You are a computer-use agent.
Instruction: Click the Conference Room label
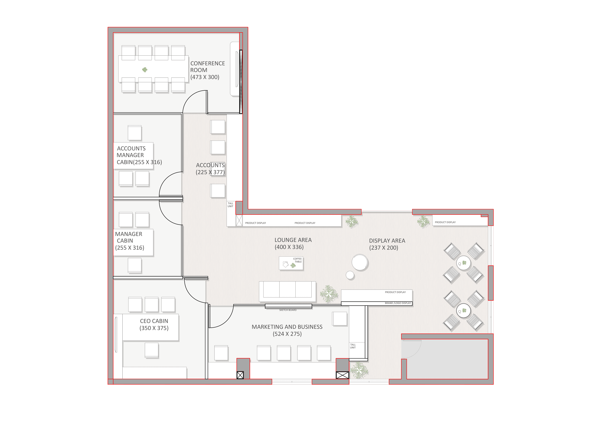click(x=208, y=70)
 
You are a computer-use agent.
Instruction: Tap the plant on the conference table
click(x=145, y=70)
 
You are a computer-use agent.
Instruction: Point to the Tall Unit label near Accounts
click(x=230, y=205)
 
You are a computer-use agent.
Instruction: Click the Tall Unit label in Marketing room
click(x=353, y=346)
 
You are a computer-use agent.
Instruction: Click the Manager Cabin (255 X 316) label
click(x=130, y=241)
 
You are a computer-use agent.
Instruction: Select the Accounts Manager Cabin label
click(x=139, y=155)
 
